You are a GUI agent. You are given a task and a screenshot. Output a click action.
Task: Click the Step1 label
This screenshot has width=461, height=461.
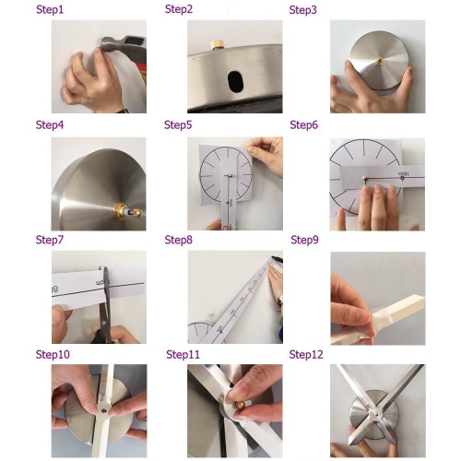pos(50,9)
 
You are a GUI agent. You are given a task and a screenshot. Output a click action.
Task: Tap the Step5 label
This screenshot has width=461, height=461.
pos(178,125)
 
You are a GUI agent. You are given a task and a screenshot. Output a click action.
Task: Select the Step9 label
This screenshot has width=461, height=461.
pos(304,240)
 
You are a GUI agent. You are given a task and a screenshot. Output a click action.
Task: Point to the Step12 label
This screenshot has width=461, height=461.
pos(306,355)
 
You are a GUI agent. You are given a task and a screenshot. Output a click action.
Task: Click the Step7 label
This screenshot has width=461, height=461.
pos(50,240)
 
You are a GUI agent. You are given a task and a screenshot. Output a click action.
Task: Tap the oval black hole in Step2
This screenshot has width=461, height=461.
pos(235,81)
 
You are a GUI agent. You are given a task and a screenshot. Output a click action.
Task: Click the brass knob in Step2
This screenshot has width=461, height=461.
pos(218,44)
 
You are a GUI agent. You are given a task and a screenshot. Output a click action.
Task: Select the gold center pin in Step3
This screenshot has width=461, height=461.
pos(379,61)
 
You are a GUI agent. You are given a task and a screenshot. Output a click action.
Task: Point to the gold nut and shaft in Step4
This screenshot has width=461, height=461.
pos(128,211)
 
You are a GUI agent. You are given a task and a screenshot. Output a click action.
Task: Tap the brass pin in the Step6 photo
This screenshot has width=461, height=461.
pos(365,179)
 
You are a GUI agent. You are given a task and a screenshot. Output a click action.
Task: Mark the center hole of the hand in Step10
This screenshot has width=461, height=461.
pos(104,410)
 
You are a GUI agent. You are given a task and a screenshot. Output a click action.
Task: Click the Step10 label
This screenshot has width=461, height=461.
pos(53,355)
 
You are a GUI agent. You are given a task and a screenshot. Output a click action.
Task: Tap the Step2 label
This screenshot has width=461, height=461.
pos(179,9)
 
